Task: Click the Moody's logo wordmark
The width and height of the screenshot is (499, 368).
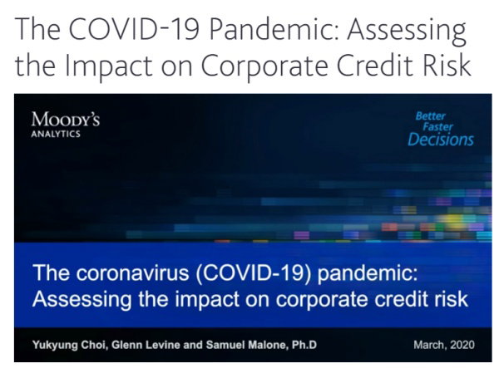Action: (66, 120)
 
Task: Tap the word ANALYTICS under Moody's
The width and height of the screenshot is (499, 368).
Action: (56, 134)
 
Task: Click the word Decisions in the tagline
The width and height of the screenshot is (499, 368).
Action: (441, 140)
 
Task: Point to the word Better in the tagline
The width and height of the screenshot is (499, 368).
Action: (430, 116)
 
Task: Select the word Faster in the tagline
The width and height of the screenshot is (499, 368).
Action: (437, 127)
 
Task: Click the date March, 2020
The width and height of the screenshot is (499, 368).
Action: (444, 345)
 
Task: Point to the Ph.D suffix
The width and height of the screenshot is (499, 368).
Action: (304, 345)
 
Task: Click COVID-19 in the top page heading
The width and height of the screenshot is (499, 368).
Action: (134, 29)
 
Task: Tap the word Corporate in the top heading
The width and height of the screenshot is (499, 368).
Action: (264, 66)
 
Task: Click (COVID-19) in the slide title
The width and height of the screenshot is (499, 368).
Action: (254, 273)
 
